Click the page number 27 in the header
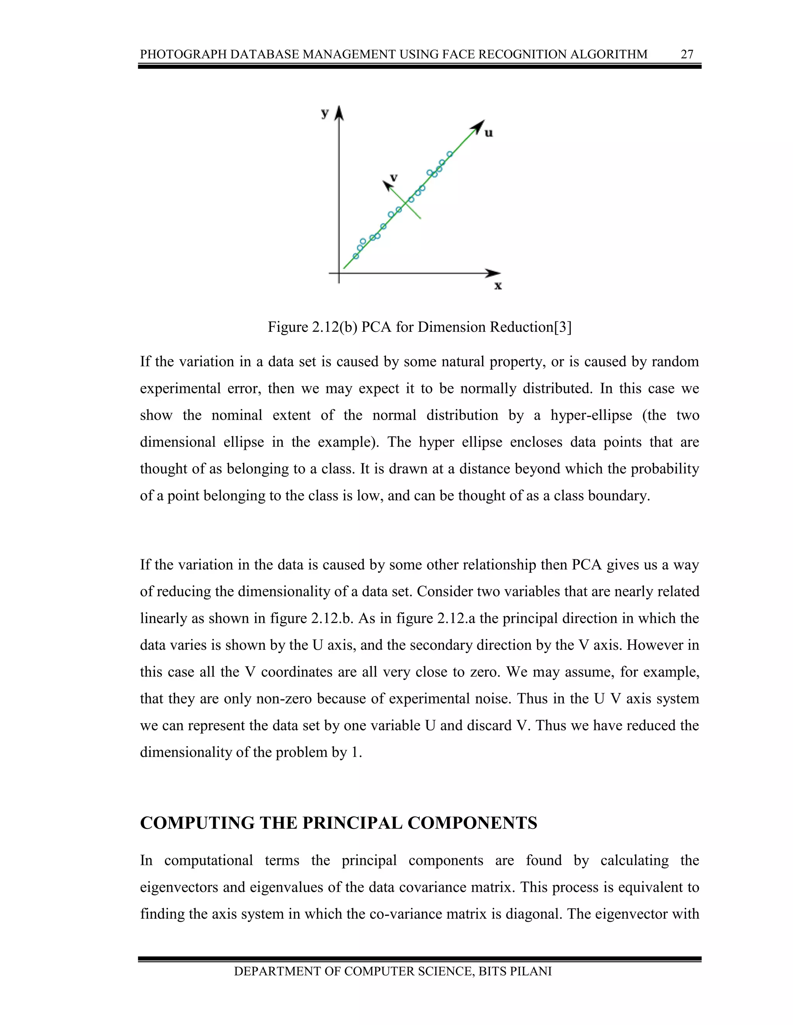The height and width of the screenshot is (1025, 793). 687,55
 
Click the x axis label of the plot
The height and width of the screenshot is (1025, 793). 498,285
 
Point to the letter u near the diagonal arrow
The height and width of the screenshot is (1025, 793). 489,133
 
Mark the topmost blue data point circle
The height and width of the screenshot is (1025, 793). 450,154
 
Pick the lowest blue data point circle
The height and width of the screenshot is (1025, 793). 355,256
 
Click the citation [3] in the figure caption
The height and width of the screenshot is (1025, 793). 562,327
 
